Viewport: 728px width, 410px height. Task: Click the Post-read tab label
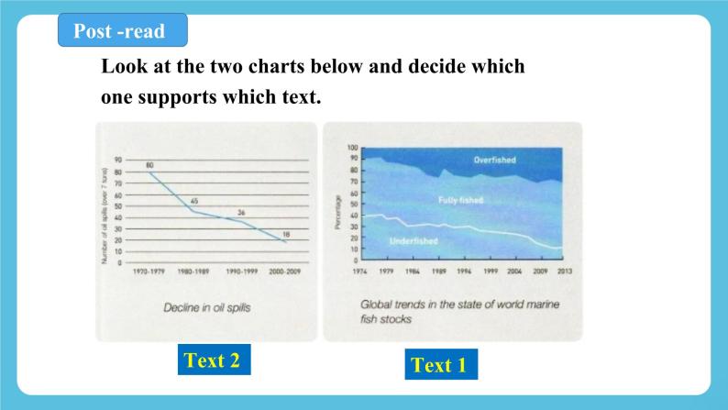tap(119, 32)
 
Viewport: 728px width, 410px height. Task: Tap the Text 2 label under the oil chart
tap(212, 360)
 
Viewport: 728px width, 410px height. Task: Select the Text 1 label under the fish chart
tap(439, 365)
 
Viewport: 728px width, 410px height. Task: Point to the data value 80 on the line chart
tap(149, 165)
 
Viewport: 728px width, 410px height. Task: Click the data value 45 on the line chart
tap(194, 201)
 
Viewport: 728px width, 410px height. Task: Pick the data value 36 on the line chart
tap(241, 213)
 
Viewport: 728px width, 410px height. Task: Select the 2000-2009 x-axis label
tap(287, 272)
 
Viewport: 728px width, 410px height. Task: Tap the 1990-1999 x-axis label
tap(241, 272)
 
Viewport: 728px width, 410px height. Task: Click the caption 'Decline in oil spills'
tap(206, 308)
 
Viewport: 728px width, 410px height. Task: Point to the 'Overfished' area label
tap(494, 161)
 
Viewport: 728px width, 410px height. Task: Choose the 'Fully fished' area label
tap(461, 200)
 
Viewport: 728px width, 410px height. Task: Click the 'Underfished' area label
tap(414, 241)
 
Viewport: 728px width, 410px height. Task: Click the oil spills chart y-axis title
tap(107, 211)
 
